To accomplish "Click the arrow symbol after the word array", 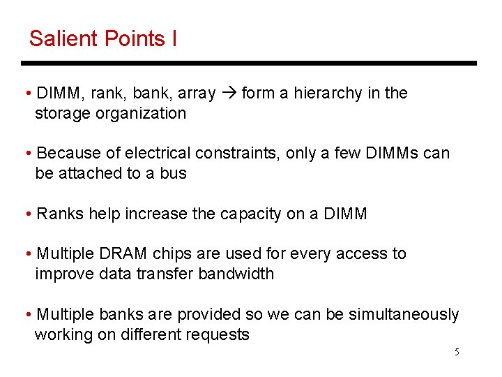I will pyautogui.click(x=228, y=94).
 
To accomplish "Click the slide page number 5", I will pyautogui.click(x=457, y=352).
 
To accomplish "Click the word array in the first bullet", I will pyautogui.click(x=197, y=94).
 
